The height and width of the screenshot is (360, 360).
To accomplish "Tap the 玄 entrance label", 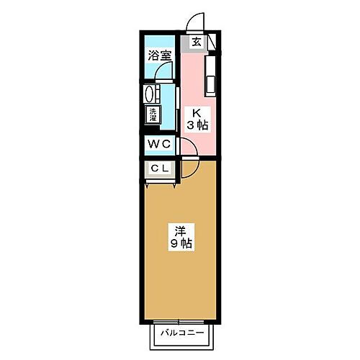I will (x=196, y=42).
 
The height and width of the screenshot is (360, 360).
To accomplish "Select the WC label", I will (x=158, y=143).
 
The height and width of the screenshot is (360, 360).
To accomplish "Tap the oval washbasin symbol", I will (x=150, y=94).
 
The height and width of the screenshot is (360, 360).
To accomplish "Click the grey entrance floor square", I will (x=197, y=42).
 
